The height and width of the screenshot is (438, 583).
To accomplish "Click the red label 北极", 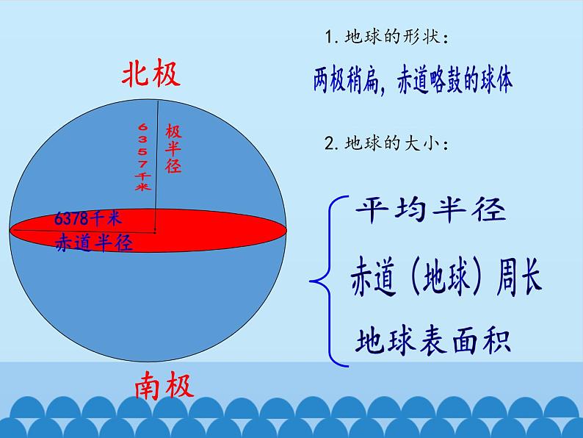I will [151, 74].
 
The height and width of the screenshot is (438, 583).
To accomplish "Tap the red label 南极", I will [164, 385].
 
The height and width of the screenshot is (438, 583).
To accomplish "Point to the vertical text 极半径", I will [173, 148].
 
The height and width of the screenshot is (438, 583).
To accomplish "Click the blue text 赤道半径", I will [94, 243].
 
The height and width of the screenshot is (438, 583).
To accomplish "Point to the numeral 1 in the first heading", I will [325, 37].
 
